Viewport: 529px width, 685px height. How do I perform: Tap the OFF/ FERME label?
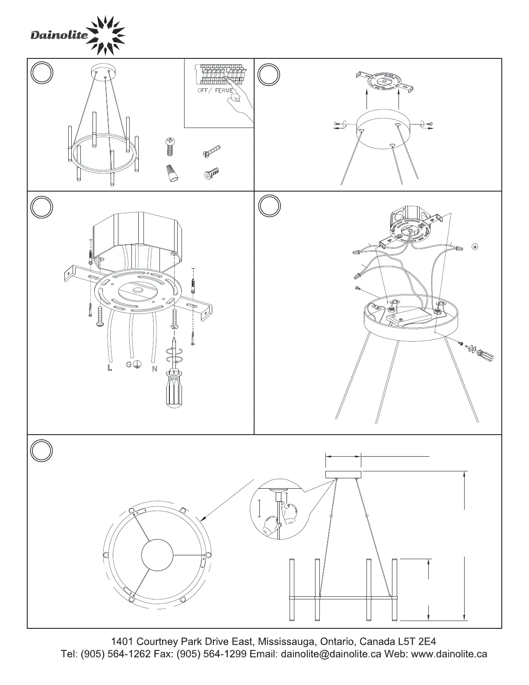pos(216,90)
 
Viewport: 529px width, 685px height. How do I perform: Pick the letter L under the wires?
pos(110,368)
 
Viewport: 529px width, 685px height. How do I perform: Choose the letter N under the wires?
pos(154,368)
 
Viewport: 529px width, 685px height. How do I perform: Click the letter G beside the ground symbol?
pos(128,365)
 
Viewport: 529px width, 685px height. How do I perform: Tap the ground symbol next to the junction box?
pos(475,246)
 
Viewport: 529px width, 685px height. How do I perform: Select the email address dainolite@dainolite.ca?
pos(331,654)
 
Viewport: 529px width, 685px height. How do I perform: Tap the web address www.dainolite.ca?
pos(449,654)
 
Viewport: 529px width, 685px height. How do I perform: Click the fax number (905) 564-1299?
pos(211,654)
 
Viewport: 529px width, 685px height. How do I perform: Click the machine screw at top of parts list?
pos(170,147)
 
